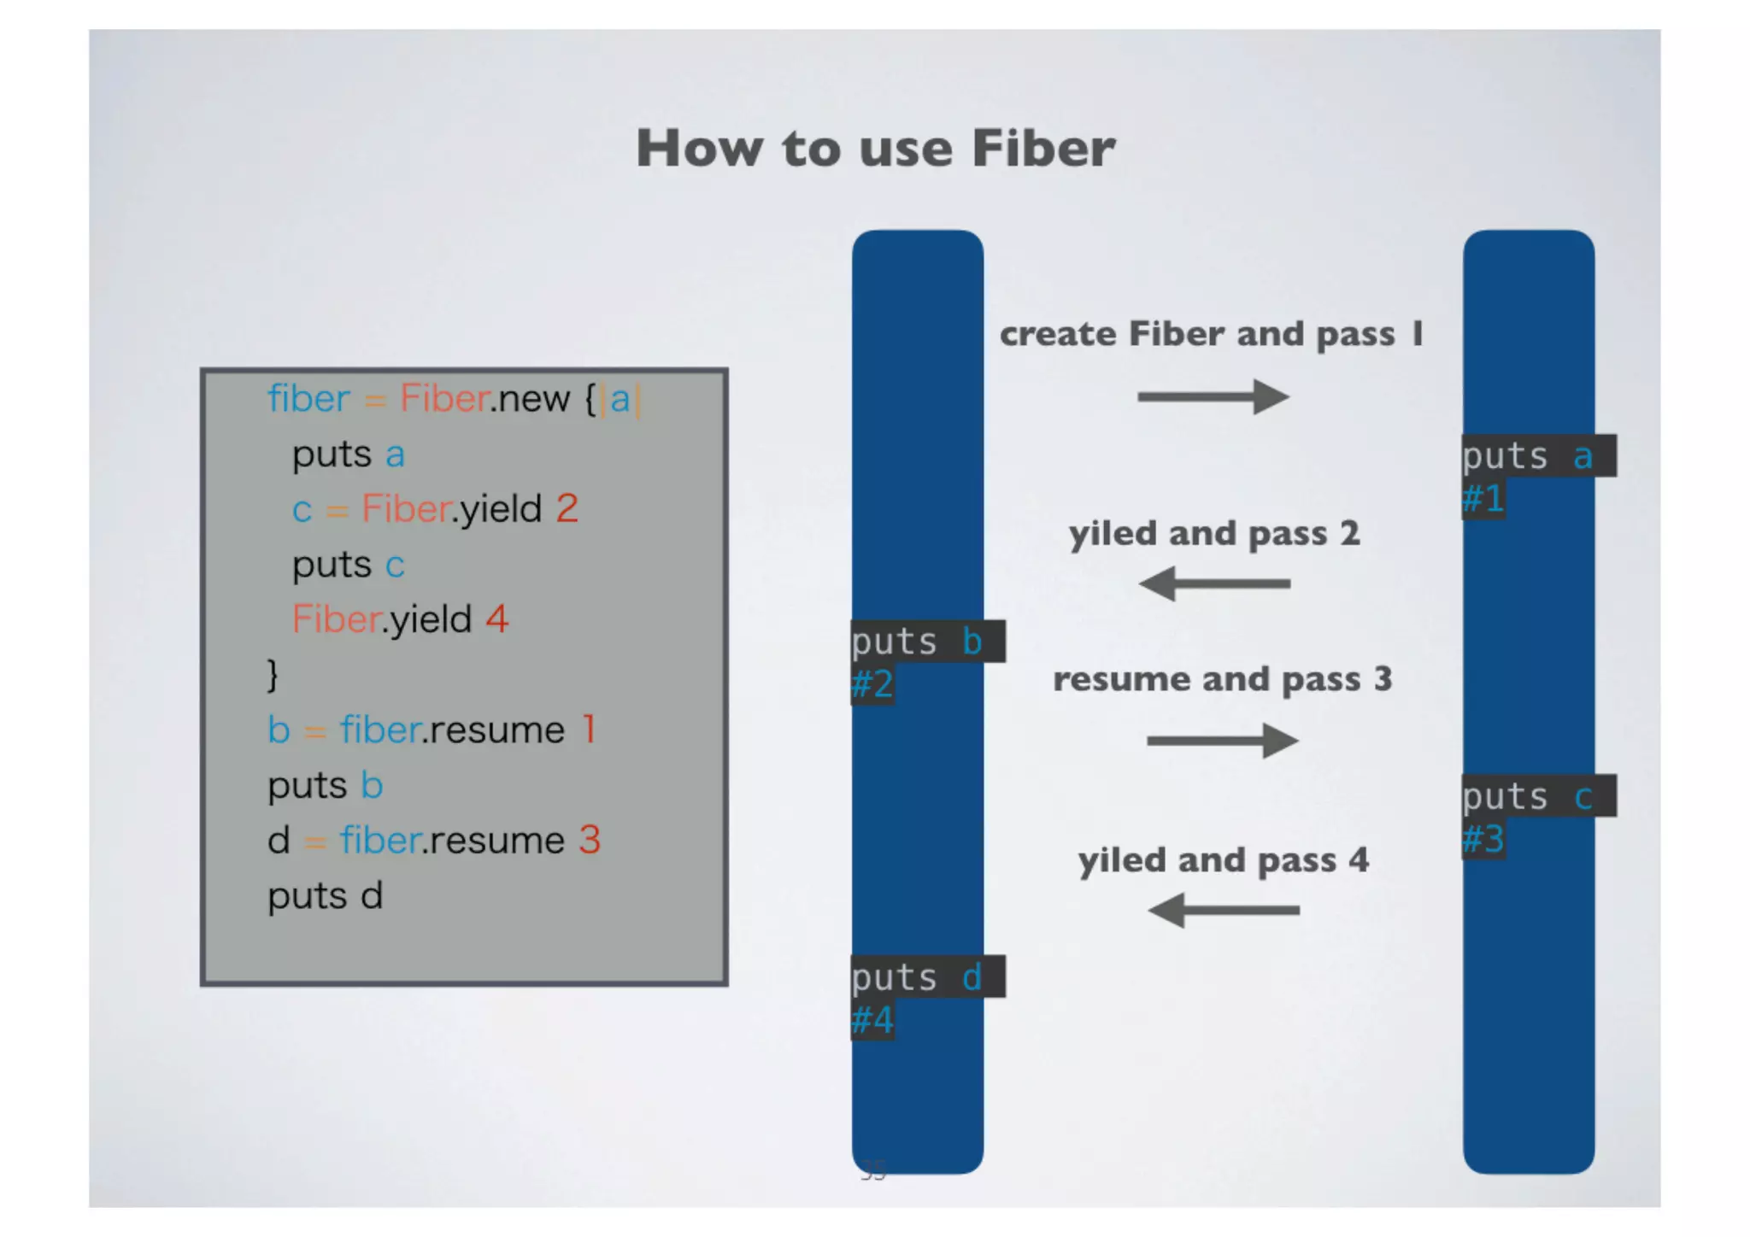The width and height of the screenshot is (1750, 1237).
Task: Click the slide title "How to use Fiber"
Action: pyautogui.click(x=875, y=149)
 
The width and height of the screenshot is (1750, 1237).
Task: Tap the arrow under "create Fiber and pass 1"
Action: pyautogui.click(x=1213, y=396)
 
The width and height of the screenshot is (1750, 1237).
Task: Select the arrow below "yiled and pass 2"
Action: pyautogui.click(x=1214, y=584)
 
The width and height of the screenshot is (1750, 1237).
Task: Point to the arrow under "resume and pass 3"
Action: pyautogui.click(x=1223, y=741)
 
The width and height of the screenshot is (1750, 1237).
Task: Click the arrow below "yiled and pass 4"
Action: pyautogui.click(x=1224, y=910)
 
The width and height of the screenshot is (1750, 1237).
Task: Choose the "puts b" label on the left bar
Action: pyautogui.click(x=927, y=642)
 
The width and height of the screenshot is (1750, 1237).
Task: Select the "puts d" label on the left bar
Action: pyautogui.click(x=927, y=977)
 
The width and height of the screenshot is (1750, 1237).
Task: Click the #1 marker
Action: pyautogui.click(x=1483, y=498)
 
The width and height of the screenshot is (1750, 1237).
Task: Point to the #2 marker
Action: pyautogui.click(x=872, y=683)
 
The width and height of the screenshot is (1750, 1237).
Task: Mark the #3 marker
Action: pyautogui.click(x=1483, y=839)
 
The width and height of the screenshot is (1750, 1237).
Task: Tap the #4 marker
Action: pyautogui.click(x=872, y=1019)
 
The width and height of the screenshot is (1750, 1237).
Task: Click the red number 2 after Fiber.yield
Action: pyautogui.click(x=567, y=508)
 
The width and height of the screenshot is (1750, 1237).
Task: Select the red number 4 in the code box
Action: pyautogui.click(x=497, y=618)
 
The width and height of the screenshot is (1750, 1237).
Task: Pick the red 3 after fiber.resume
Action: pyautogui.click(x=590, y=840)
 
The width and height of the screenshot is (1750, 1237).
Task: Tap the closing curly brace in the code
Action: pyautogui.click(x=273, y=675)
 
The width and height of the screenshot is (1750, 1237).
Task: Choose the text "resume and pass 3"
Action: pyautogui.click(x=1222, y=679)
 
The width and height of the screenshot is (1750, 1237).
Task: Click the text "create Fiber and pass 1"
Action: pyautogui.click(x=1212, y=334)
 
